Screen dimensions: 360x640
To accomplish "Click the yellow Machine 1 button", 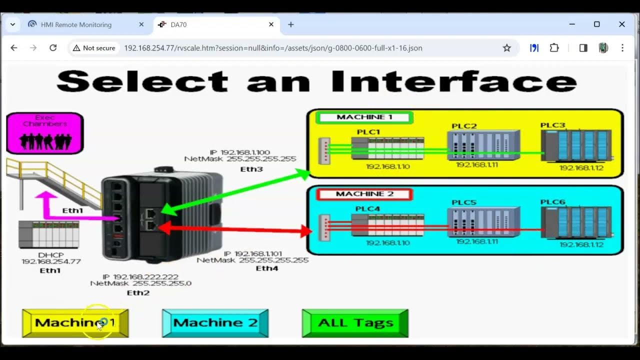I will coord(75,323).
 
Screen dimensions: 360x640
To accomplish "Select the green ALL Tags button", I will coord(355,323).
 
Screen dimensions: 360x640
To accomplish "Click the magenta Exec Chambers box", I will coord(45,133).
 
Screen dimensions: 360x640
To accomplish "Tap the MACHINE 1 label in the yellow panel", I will coord(364,117).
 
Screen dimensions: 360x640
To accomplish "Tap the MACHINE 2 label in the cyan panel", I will coord(364,194).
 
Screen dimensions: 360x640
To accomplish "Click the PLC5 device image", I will coord(483,222).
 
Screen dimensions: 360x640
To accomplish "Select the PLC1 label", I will coord(368,132).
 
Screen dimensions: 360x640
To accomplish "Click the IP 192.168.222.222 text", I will coord(140,277).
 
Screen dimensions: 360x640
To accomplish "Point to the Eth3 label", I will coord(251,169).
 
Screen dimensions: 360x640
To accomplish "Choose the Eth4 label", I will coord(267,268).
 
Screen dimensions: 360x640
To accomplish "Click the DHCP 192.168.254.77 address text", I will coord(51,261).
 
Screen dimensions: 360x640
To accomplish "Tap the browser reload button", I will coord(53,48).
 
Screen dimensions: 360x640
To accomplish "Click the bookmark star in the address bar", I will coord(506,48).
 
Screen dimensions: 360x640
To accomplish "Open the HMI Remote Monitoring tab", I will coord(76,24).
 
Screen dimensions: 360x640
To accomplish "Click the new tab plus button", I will coord(291,24).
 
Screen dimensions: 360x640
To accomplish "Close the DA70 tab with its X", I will coord(271,24).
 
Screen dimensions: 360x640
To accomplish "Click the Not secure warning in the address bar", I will coord(94,48).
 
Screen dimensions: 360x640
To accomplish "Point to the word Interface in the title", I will coord(453,81).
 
